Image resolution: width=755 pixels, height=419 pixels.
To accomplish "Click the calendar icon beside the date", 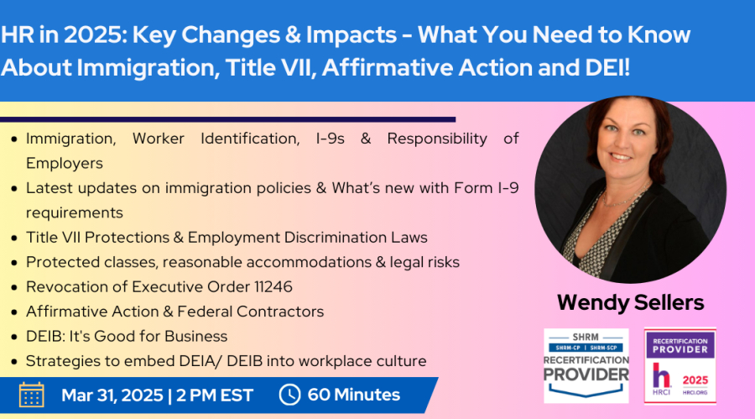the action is (x=32, y=395).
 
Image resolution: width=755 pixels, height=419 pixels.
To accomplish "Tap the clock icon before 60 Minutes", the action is (x=290, y=395).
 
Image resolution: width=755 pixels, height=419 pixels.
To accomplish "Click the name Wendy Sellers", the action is (x=630, y=302).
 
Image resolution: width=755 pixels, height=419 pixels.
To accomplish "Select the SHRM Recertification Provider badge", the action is (x=586, y=365).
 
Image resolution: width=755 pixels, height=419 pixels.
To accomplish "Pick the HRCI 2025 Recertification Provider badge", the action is (x=679, y=365).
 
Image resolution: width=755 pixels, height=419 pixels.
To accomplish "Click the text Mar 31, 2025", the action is (x=112, y=395).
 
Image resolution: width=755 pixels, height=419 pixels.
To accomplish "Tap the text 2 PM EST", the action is (x=215, y=395).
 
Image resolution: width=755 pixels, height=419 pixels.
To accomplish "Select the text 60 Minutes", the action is (x=354, y=395).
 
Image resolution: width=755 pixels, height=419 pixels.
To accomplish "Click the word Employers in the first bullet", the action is (x=65, y=164).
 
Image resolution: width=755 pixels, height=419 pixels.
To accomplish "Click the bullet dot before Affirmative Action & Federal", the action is (x=14, y=312).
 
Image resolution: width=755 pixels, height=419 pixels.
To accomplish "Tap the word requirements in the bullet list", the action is (x=75, y=212).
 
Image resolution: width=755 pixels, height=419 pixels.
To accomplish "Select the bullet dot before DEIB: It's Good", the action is (x=14, y=337).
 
